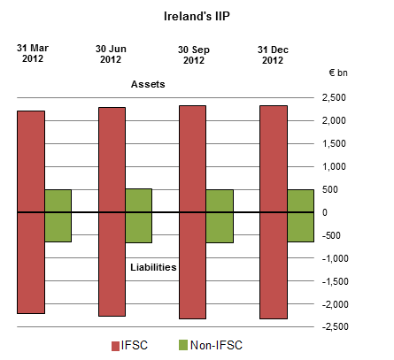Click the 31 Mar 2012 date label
(32, 53)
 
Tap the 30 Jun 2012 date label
(111, 54)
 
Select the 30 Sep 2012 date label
(192, 54)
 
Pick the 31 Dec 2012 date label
(270, 54)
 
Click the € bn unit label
(337, 73)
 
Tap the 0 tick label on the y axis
(326, 212)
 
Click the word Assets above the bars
(149, 84)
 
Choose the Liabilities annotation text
(152, 265)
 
